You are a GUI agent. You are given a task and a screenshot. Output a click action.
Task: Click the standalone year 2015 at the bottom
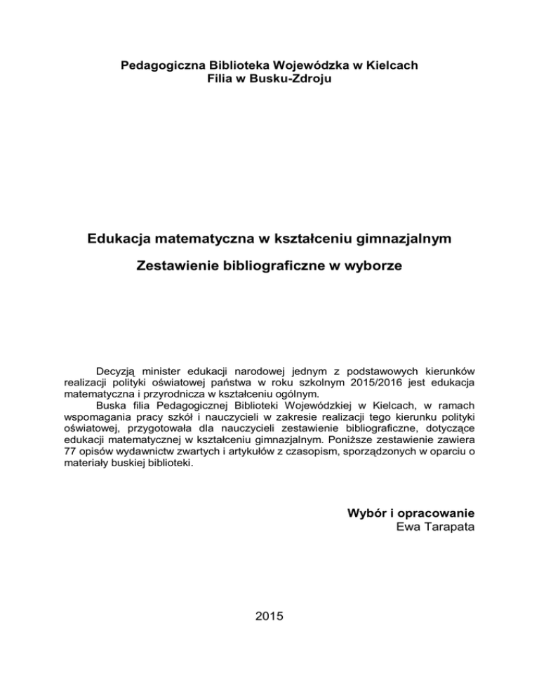click(269, 617)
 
